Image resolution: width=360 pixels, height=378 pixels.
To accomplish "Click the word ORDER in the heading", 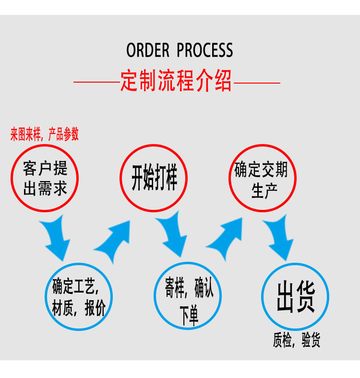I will click(x=148, y=50).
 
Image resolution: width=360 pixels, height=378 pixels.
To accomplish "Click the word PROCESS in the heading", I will click(x=205, y=50).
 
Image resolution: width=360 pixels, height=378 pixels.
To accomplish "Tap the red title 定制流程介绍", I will click(x=176, y=81).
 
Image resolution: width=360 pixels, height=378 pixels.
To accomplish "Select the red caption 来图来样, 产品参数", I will click(x=45, y=134).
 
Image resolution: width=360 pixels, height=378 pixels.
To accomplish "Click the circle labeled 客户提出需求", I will click(x=45, y=178).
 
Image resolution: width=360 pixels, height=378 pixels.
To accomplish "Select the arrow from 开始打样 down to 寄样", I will click(x=171, y=238).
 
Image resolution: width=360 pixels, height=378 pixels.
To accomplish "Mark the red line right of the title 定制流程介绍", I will click(x=257, y=83).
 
